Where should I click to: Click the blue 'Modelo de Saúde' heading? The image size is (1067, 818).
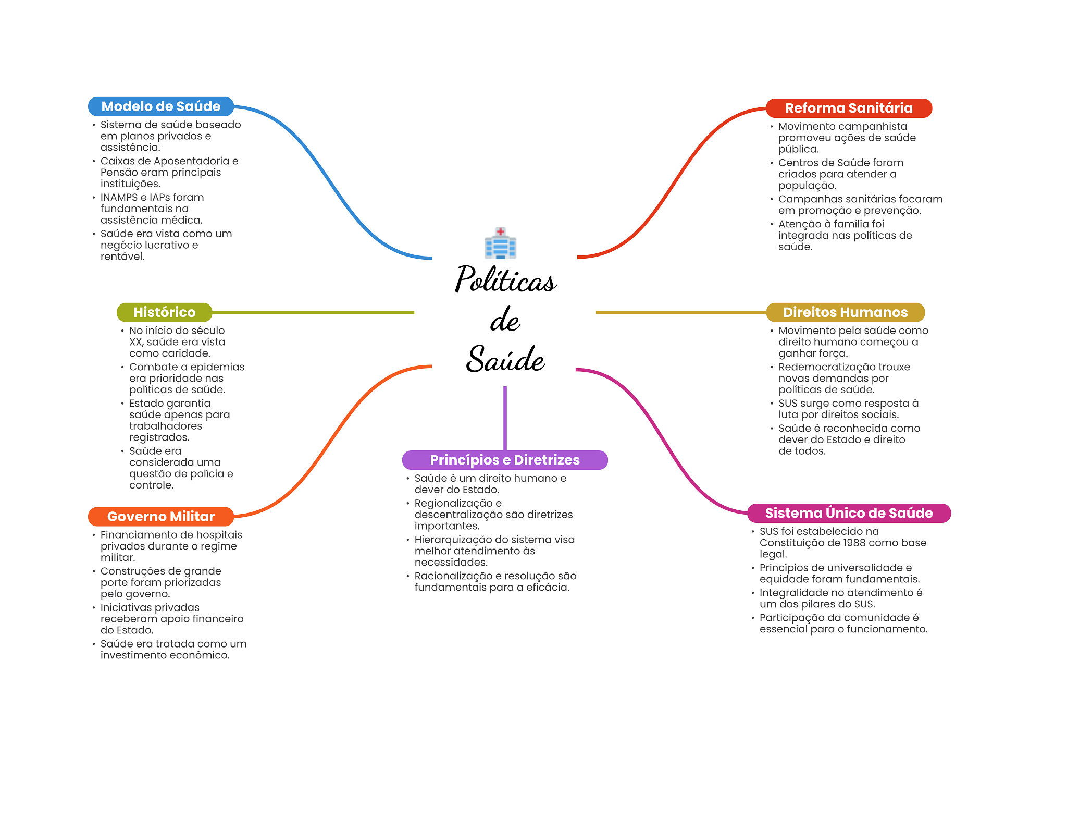pos(161,106)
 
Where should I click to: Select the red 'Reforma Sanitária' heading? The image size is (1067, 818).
pos(849,108)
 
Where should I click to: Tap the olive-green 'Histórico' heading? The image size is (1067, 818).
pos(164,312)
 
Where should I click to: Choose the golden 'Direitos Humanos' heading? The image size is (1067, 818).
pos(845,312)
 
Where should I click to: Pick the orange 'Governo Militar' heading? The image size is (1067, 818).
pos(161,517)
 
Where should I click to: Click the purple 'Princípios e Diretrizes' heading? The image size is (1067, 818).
pos(505,460)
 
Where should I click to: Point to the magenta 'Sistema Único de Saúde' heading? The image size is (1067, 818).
pos(849,513)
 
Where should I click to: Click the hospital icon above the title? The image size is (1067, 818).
pos(500,243)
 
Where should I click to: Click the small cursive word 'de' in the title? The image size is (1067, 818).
pos(505,320)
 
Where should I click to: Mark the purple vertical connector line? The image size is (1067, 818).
pos(505,418)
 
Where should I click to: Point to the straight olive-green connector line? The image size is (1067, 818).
pos(313,312)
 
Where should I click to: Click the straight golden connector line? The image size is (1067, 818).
pos(681,312)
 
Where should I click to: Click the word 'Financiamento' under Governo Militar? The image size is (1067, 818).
pos(137,535)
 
